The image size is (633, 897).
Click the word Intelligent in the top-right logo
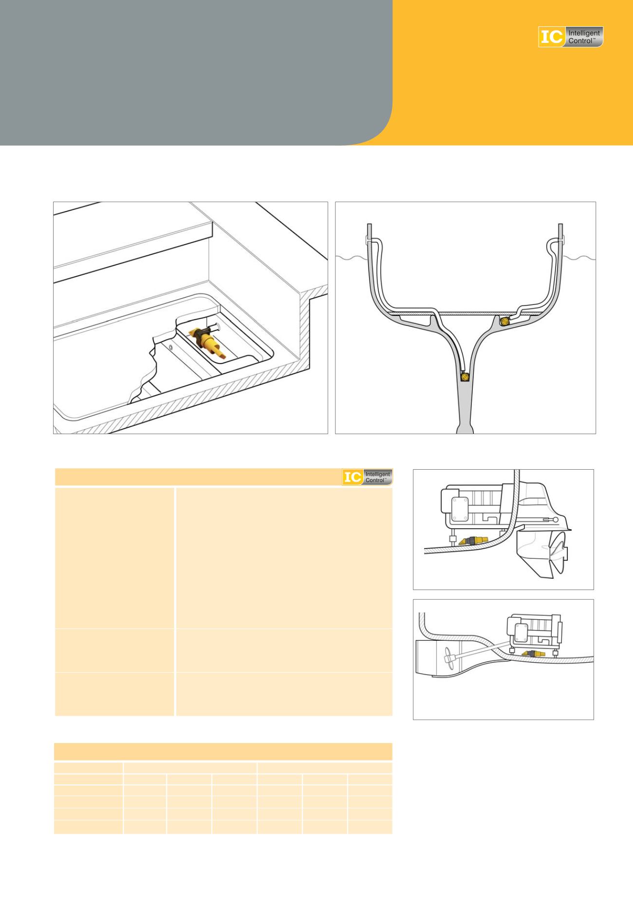point(584,33)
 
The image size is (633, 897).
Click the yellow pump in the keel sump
point(466,376)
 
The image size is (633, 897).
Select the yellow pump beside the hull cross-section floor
point(505,321)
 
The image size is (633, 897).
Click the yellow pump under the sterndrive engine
point(472,541)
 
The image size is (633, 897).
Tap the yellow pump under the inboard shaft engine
point(532,652)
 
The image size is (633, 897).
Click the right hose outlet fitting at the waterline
point(560,241)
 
